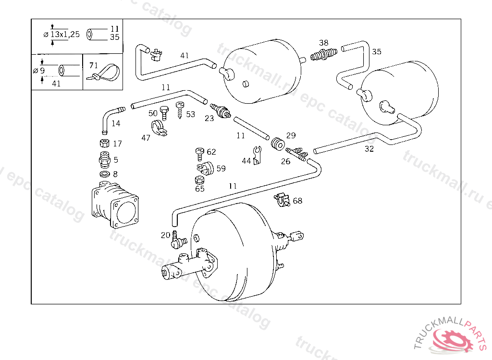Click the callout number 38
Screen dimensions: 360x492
[x=324, y=43]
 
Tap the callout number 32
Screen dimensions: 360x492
[x=369, y=149]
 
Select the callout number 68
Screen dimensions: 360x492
[x=297, y=201]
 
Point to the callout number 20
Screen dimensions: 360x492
[x=165, y=235]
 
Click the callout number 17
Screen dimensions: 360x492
[x=117, y=144]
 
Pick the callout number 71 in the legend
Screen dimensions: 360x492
[x=93, y=65]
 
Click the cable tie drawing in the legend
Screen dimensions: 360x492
[x=104, y=73]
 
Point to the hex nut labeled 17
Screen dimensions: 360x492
[x=103, y=144]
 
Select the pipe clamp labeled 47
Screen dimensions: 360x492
[x=158, y=128]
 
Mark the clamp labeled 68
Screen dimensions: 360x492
[x=282, y=199]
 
